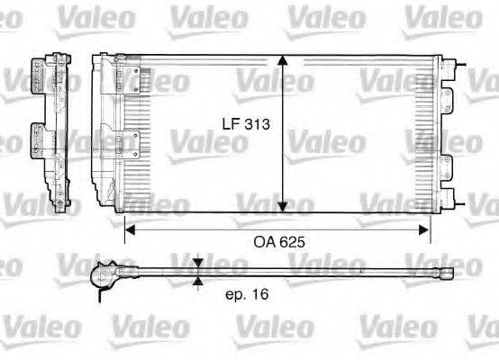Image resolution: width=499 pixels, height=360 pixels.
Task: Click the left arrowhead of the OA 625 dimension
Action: (x=129, y=229)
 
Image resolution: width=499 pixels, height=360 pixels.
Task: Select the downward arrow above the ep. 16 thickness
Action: (x=198, y=264)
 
